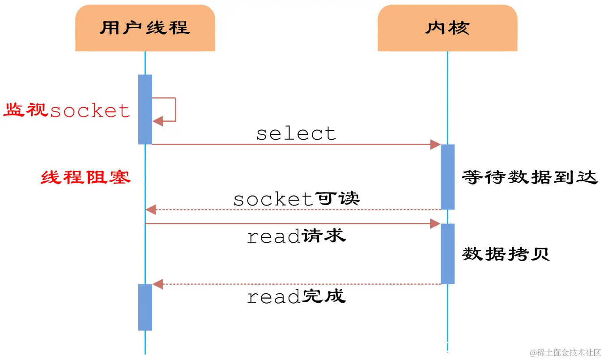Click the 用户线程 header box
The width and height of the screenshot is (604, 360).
[x=145, y=28]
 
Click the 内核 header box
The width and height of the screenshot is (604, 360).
[x=447, y=28]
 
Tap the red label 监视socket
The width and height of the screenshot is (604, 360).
[x=67, y=110]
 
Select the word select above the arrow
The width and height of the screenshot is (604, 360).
[x=296, y=133]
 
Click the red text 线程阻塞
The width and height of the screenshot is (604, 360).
[x=85, y=177]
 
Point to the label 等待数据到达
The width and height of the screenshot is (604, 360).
[x=530, y=177]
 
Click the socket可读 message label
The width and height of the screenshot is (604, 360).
[x=296, y=199]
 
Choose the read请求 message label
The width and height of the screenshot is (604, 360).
[x=296, y=236]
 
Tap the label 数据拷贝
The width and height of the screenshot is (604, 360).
[x=506, y=254]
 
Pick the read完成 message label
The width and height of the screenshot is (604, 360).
[x=296, y=296]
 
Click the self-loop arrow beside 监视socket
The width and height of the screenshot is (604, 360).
[x=174, y=110]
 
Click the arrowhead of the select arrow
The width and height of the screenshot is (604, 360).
[x=435, y=144]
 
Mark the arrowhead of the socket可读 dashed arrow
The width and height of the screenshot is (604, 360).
[x=151, y=209]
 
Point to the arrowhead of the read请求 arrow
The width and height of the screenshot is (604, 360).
[x=435, y=223]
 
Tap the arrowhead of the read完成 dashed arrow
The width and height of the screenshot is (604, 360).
[x=157, y=283]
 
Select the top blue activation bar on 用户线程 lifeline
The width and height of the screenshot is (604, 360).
[x=145, y=109]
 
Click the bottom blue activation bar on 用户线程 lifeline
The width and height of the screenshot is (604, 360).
[x=145, y=307]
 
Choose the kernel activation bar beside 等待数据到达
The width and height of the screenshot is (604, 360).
[x=447, y=176]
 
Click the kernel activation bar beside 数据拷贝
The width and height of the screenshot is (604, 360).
[x=447, y=253]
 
